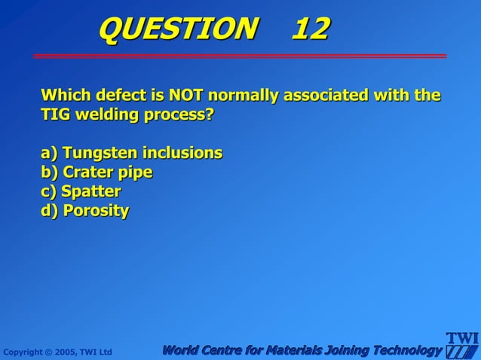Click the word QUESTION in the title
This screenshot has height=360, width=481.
click(177, 29)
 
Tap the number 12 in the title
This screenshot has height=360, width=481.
click(310, 29)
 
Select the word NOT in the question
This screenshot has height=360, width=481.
click(186, 96)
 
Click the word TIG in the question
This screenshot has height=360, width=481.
click(54, 116)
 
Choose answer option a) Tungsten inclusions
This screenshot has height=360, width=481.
click(132, 153)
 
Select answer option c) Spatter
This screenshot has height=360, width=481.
click(81, 191)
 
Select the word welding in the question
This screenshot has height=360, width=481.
click(105, 116)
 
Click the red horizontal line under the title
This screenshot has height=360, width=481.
click(240, 56)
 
